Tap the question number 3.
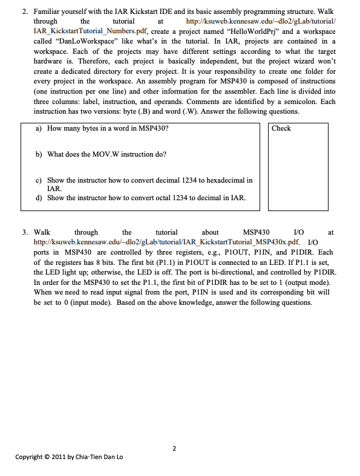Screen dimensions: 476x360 [25, 232]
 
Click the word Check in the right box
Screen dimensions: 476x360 [281, 128]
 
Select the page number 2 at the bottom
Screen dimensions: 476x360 [174, 448]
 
